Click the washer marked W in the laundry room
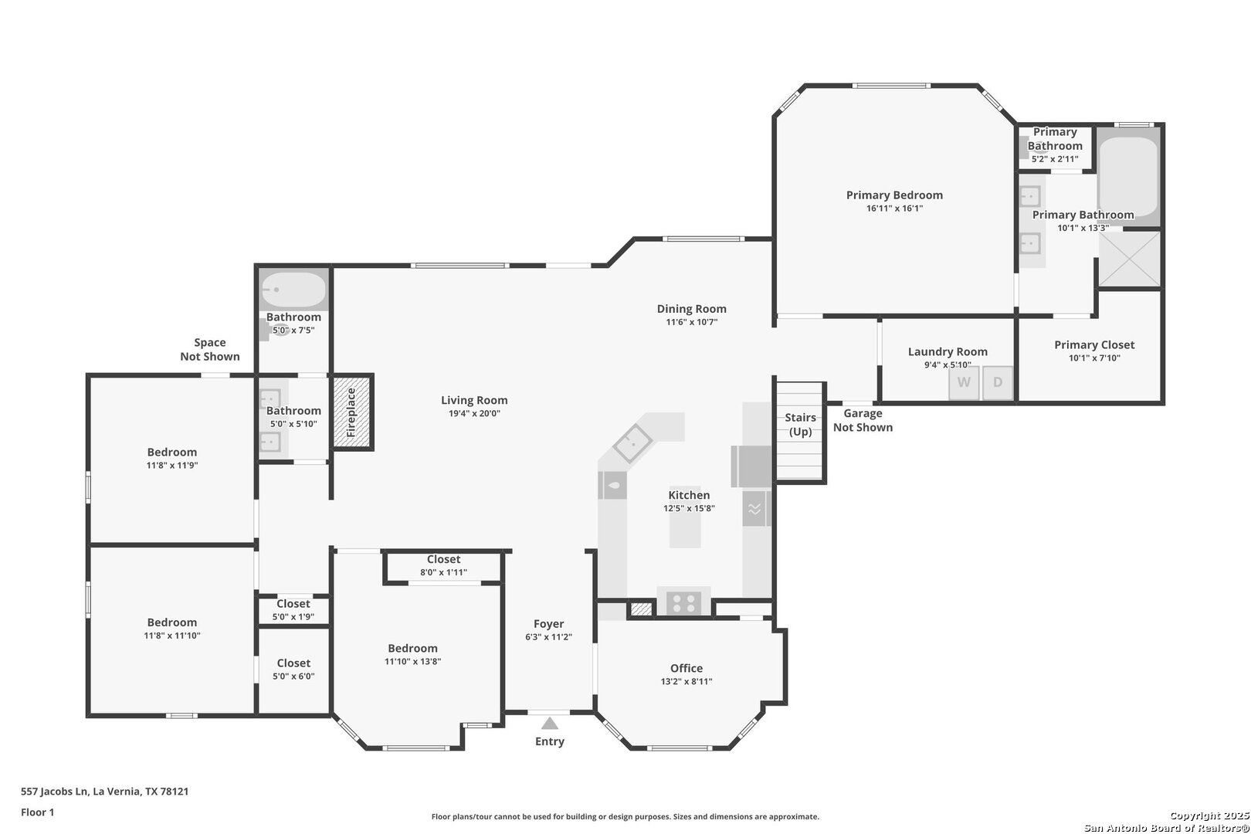[x=964, y=383]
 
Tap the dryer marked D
[x=998, y=383]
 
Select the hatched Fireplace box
[x=352, y=412]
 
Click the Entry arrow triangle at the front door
[x=550, y=723]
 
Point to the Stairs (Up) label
[x=800, y=425]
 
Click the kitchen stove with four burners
[x=684, y=603]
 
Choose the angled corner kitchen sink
[x=632, y=443]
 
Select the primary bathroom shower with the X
[x=1130, y=259]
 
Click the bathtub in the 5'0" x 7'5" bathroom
[x=293, y=290]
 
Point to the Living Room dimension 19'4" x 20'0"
[x=474, y=413]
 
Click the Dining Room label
[x=691, y=308]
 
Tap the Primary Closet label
[x=1094, y=344]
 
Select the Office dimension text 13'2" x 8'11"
[x=687, y=681]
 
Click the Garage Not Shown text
[x=863, y=420]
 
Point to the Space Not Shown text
[x=209, y=349]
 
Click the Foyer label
[x=548, y=623]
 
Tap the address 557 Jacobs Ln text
[x=54, y=791]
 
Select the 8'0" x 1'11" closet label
[x=443, y=572]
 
